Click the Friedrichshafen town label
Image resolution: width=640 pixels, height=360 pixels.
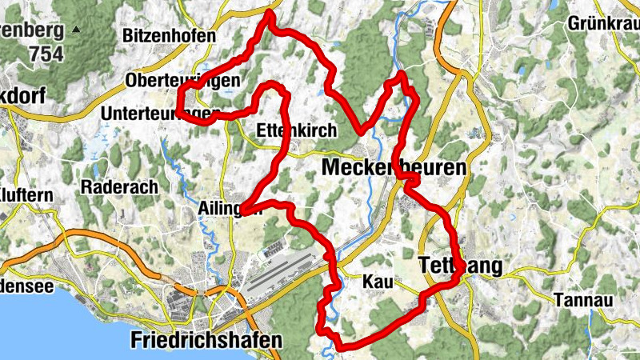[x=206, y=340]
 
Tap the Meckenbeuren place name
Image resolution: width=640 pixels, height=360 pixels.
[x=394, y=168]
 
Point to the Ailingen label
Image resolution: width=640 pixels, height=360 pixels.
[x=229, y=210]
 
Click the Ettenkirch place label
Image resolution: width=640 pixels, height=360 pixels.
[x=297, y=130]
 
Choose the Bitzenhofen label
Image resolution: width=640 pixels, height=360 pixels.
[x=170, y=36]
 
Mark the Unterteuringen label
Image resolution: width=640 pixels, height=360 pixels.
[x=161, y=114]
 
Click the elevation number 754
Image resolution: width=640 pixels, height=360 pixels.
[x=46, y=55]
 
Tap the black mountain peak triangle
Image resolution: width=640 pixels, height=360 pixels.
[x=76, y=30]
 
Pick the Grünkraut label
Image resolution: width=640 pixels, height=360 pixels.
[x=604, y=23]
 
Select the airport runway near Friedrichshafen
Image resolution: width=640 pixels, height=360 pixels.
[x=280, y=272]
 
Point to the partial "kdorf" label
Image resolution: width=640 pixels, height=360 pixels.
[x=21, y=95]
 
